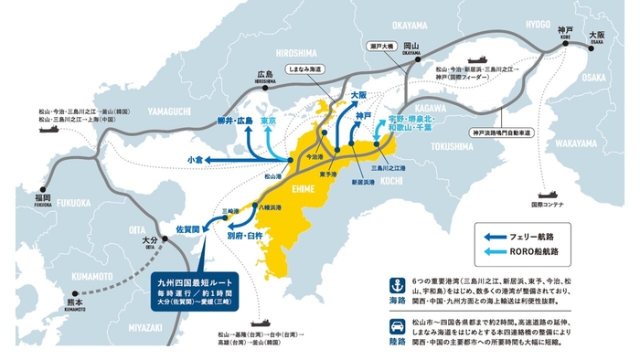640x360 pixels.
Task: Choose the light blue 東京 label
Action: tap(269, 120)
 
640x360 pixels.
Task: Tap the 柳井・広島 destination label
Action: tap(235, 120)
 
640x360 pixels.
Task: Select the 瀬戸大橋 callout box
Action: tap(381, 44)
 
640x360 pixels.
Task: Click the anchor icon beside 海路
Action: tap(397, 285)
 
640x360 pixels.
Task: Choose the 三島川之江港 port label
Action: tap(387, 167)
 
